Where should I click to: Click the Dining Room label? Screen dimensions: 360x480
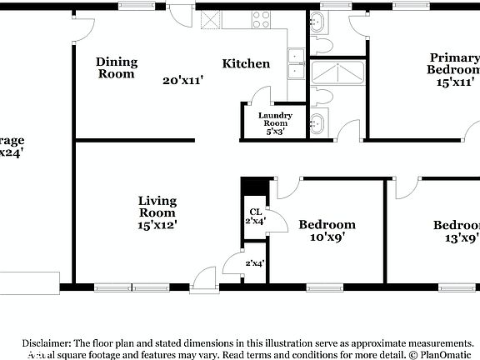point(115,67)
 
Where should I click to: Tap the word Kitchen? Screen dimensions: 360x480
point(246,63)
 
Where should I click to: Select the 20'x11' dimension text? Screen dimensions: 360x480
point(183,81)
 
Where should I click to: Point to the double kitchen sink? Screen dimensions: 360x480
point(296,57)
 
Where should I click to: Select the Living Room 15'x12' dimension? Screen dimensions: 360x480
point(157,224)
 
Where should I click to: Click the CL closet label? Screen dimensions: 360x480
point(255,211)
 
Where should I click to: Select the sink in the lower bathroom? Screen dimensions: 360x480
point(317,125)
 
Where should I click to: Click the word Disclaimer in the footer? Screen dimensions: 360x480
point(47,342)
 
